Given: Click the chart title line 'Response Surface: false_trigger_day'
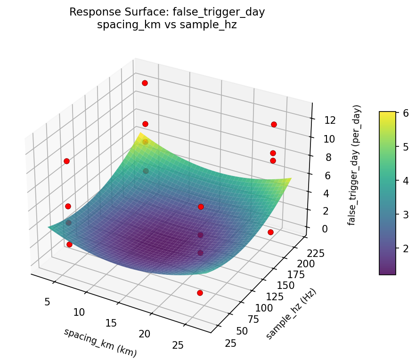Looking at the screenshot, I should (x=167, y=12).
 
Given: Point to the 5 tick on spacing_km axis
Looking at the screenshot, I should (x=47, y=301).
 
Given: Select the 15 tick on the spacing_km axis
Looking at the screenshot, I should (x=112, y=323).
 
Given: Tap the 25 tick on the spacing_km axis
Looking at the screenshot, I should (x=178, y=345).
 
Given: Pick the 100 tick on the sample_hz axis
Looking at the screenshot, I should (x=263, y=308).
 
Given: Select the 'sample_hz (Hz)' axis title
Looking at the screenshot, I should (x=291, y=314).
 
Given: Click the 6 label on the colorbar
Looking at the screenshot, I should (x=405, y=113).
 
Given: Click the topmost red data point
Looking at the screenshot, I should (x=145, y=83).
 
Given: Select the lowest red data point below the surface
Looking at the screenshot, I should (x=200, y=293).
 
